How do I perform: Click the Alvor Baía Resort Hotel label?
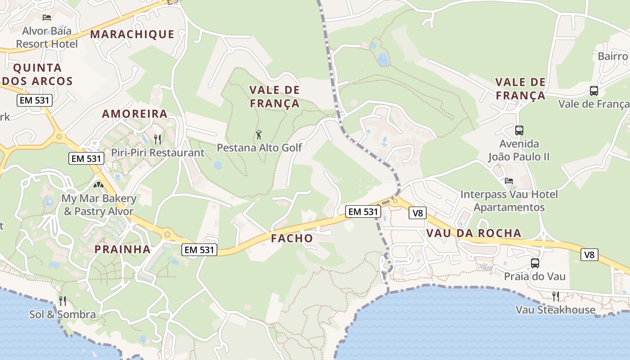[x=47, y=37]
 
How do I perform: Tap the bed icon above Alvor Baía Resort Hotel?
[x=47, y=18]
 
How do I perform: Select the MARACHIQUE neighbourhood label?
[x=132, y=34]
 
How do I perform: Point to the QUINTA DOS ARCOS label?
[x=37, y=74]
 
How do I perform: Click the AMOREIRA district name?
[x=135, y=114]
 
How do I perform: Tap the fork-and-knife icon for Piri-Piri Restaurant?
[x=157, y=139]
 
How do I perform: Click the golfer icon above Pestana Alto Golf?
[x=259, y=134]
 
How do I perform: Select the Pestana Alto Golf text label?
[x=259, y=148]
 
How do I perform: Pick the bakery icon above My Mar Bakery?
[x=99, y=184]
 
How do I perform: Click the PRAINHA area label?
[x=122, y=249]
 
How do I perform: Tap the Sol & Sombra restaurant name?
[x=63, y=315]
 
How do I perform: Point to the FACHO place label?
[x=292, y=238]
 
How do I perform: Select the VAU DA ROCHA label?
[x=473, y=233]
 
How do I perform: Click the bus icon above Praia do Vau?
[x=535, y=263]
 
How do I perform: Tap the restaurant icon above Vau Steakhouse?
[x=556, y=296]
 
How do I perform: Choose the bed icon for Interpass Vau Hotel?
[x=509, y=181]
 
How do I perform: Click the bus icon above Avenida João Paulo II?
[x=519, y=130]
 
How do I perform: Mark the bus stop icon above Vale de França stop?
[x=594, y=91]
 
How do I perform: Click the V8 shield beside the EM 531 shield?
[x=418, y=213]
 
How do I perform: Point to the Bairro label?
[x=613, y=56]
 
